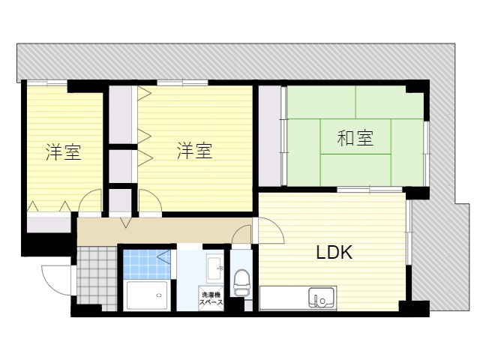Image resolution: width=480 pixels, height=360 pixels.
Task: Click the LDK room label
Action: coord(333,253)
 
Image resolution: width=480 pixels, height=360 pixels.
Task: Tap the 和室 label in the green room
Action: coord(354,138)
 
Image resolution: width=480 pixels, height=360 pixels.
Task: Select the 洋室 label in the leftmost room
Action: coord(63,153)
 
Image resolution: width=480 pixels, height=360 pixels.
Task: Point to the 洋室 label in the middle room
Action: coord(194,151)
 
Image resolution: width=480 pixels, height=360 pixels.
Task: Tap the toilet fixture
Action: coord(241,283)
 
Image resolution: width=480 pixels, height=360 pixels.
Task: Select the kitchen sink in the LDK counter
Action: coord(322,298)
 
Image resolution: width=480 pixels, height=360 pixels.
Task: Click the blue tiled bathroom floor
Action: coord(142,262)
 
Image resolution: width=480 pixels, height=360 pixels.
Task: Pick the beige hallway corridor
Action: coord(165,229)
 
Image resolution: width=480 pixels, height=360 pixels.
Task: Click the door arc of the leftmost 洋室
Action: coord(90,200)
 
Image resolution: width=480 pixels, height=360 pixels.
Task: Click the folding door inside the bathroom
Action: coord(164,258)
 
